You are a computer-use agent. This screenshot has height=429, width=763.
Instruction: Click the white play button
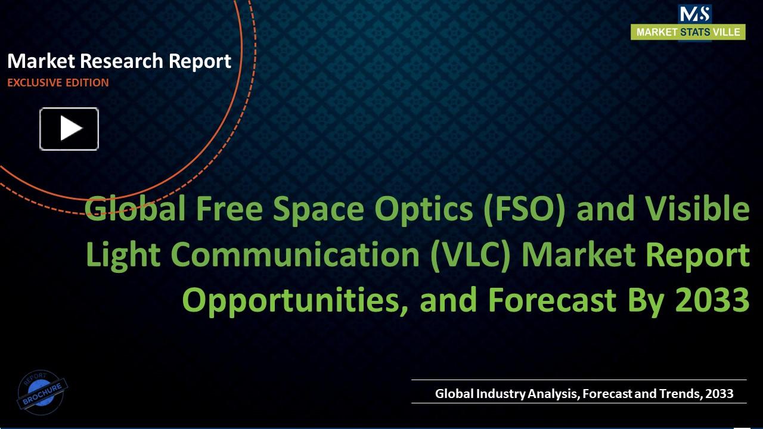tap(69, 129)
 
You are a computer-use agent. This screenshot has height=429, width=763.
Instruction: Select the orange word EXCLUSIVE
tap(33, 83)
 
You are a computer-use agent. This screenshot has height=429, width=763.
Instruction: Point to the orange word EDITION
tap(86, 83)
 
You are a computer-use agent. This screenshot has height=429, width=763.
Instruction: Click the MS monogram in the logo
tap(694, 13)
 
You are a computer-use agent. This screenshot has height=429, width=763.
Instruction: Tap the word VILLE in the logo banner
tap(727, 32)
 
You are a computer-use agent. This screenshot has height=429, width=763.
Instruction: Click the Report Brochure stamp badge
tap(42, 392)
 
